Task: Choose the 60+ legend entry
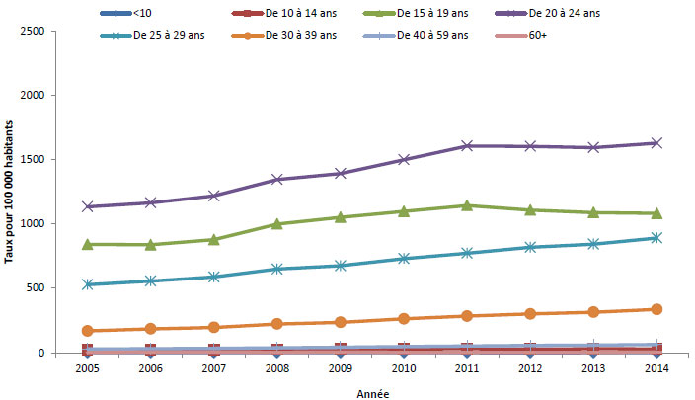point(539,35)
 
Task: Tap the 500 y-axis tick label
point(62,288)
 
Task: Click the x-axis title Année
point(372,392)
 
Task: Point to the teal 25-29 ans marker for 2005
point(88,284)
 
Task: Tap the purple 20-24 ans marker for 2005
point(88,206)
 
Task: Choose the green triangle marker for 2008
point(276,224)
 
